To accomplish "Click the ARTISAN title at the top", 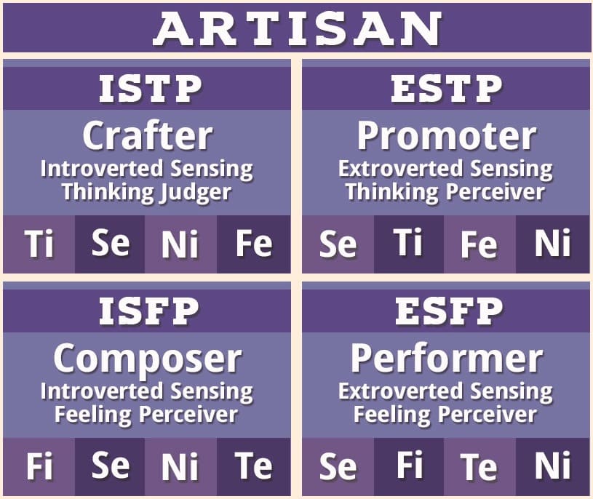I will tap(297, 28).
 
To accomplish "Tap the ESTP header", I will tap(446, 89).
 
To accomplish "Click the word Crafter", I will tap(147, 135).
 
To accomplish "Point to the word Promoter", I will tap(446, 135).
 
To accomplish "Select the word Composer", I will tap(147, 358).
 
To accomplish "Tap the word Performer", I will tap(446, 358).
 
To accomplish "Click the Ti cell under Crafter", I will tap(39, 244).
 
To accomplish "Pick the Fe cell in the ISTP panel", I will tap(254, 244).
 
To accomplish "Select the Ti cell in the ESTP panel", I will tap(408, 243).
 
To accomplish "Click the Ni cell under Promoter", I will tap(553, 244).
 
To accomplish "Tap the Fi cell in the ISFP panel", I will tap(39, 467).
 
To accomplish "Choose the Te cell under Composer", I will tap(254, 467).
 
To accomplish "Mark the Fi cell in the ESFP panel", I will tap(408, 466).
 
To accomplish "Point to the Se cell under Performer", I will tap(338, 467).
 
